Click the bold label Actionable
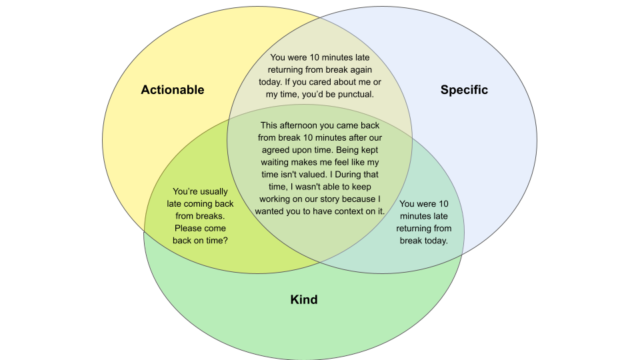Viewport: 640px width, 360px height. (172, 90)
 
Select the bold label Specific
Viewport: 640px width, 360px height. (464, 90)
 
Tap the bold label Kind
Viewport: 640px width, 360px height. (303, 299)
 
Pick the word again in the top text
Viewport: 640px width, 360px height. (359, 70)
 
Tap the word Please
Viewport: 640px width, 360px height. (189, 229)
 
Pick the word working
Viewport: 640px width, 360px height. (275, 199)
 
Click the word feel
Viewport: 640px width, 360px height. (339, 162)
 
